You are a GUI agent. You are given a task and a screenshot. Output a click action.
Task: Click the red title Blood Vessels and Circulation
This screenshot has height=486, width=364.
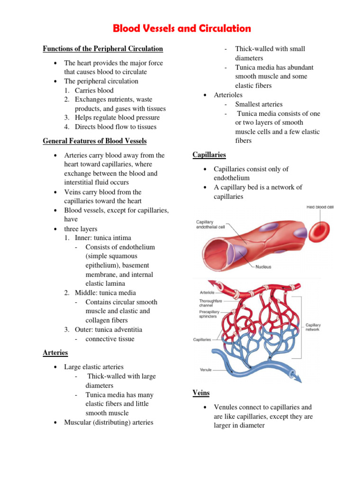(x=182, y=28)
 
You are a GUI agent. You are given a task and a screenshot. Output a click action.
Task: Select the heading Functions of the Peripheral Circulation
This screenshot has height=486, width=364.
(x=103, y=49)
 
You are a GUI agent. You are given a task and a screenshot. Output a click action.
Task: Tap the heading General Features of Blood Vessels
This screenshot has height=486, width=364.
(x=94, y=141)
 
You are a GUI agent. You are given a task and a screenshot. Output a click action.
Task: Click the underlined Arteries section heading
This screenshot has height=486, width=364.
(x=55, y=353)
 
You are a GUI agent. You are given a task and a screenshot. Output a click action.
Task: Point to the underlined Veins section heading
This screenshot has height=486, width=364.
(x=201, y=393)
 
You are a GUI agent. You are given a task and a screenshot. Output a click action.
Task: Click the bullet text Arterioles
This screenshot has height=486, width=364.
(x=229, y=95)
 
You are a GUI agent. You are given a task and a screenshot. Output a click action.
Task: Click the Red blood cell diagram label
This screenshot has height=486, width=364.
(x=320, y=207)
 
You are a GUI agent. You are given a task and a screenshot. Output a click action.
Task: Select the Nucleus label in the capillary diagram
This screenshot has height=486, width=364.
(x=263, y=267)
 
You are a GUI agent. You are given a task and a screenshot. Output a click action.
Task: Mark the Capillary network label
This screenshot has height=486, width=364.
(x=313, y=327)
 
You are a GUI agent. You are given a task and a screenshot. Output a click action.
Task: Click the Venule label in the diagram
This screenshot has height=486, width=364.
(x=206, y=369)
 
